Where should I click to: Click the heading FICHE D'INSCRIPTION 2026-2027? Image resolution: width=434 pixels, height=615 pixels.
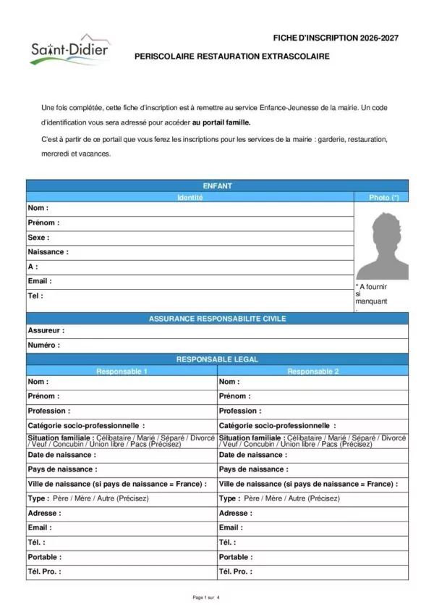336,37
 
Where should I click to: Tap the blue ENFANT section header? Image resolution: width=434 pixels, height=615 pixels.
217,186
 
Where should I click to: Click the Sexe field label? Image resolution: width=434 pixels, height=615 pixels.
38,238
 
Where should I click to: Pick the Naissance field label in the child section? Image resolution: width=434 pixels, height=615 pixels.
48,252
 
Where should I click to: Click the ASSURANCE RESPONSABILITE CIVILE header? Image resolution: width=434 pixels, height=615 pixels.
217,318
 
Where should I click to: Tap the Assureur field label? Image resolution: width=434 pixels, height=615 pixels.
46,330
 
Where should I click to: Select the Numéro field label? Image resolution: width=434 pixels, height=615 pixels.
44,345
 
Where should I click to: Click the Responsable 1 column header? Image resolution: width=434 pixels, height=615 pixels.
122,371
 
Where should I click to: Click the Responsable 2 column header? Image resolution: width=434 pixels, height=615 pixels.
312,371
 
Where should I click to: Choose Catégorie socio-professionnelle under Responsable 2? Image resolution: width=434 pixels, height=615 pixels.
277,426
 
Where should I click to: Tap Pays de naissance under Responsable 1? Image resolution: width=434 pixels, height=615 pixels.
62,469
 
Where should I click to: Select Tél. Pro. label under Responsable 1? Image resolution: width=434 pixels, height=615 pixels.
44,572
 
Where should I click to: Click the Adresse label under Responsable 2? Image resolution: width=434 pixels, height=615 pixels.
235,513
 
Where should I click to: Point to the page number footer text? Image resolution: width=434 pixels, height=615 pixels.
205,598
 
